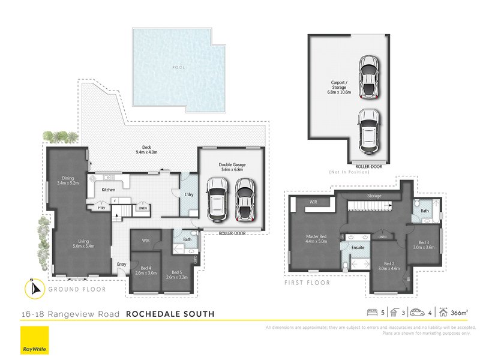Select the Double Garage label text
(232, 166)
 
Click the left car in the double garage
(216, 200)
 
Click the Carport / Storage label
(340, 88)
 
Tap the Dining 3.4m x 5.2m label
(70, 180)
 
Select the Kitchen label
(108, 190)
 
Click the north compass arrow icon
(34, 288)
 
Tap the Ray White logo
(34, 341)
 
